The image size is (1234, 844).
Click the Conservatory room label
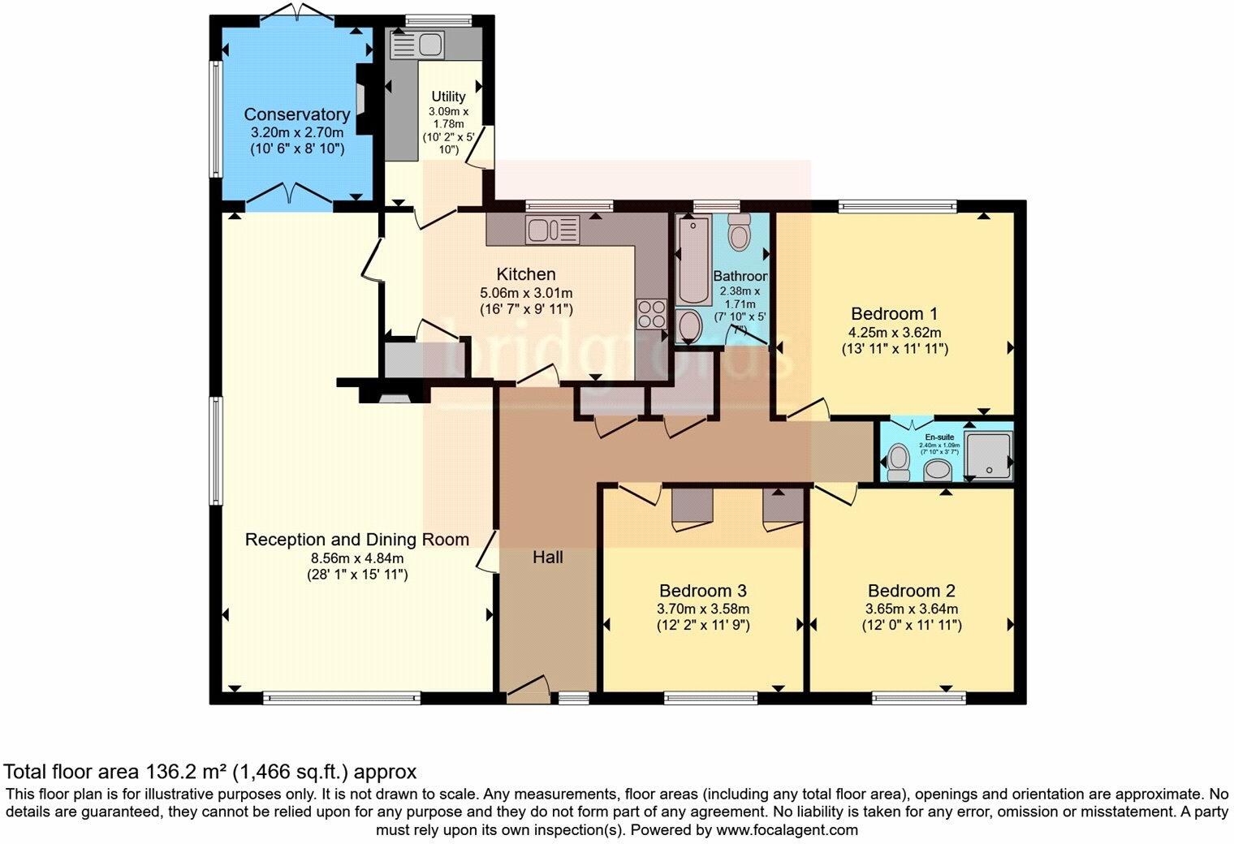[x=296, y=114]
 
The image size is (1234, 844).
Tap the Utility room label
[x=448, y=97]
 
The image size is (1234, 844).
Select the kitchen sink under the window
[x=551, y=230]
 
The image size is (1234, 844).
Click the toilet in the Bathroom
[x=739, y=232]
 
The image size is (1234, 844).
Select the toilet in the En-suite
[x=897, y=460]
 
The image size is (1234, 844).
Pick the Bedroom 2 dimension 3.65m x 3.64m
[x=911, y=609]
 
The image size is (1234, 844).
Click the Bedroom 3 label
[x=702, y=590]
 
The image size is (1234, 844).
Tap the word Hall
[x=548, y=558]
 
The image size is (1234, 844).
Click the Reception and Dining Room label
[x=356, y=540]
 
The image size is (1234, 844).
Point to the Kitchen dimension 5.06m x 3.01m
[x=526, y=292]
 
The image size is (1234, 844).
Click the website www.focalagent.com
[x=787, y=830]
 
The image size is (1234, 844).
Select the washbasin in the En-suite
[x=939, y=469]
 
